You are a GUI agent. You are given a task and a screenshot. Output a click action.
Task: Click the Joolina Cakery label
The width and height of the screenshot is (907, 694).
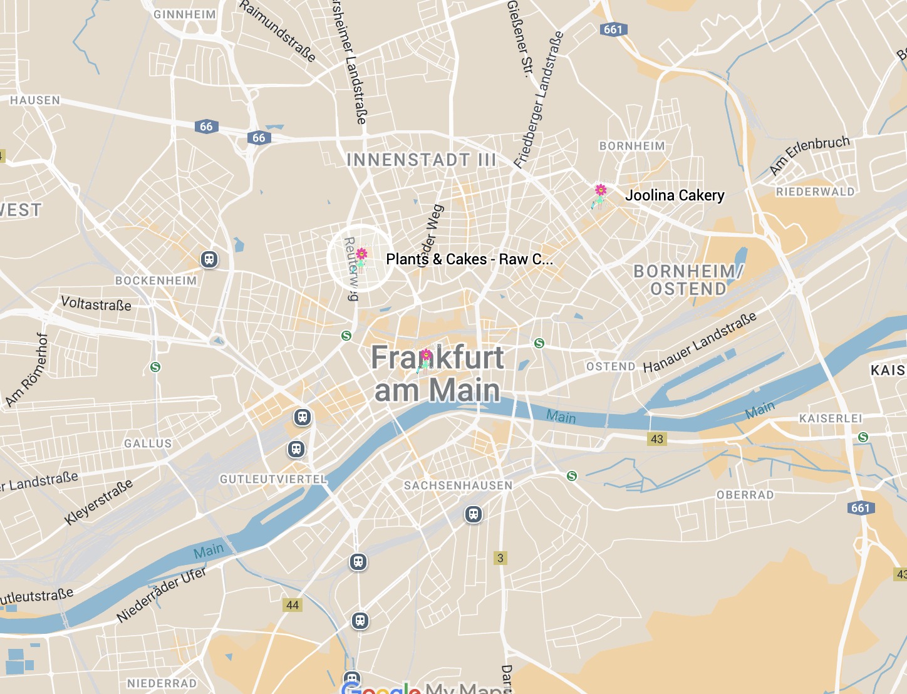(675, 195)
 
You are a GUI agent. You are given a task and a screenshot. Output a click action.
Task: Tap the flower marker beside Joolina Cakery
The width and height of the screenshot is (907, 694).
(600, 191)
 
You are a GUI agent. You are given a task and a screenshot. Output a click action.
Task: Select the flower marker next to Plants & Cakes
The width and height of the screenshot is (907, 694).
(361, 255)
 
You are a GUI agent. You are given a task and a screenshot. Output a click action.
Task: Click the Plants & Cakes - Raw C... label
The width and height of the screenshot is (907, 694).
(469, 259)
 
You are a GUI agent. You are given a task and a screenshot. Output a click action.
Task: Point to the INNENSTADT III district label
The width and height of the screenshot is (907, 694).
(421, 160)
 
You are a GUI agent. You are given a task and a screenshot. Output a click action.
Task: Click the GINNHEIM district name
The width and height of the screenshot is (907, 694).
(185, 14)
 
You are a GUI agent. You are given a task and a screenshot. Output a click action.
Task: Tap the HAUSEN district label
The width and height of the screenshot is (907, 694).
(35, 100)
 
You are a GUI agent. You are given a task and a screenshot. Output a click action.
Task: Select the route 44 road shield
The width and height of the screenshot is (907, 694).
(293, 604)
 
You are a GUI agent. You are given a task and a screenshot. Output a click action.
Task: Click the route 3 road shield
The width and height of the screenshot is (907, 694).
(500, 557)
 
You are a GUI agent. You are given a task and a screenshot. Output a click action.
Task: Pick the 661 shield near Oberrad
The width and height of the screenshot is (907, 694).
(861, 507)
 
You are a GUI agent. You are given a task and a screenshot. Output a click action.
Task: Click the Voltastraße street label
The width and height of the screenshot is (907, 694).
(96, 304)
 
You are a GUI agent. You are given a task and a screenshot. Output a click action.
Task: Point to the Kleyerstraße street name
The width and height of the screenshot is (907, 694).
(99, 502)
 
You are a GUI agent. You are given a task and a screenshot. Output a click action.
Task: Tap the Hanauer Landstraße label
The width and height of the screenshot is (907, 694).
(700, 342)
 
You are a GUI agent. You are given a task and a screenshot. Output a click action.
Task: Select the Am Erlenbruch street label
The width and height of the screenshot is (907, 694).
(809, 155)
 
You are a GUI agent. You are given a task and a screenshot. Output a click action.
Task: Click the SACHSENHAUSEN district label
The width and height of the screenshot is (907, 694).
(458, 485)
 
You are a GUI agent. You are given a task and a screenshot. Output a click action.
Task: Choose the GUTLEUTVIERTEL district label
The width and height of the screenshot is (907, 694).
(273, 479)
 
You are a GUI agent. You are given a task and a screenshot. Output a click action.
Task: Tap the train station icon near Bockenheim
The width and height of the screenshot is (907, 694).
(209, 259)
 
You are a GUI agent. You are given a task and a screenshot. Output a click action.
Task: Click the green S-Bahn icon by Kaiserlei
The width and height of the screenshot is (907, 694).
(863, 437)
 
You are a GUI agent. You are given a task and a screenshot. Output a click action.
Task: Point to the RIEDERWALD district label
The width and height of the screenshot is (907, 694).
(815, 192)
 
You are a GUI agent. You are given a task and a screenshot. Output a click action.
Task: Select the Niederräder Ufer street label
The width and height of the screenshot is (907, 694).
(161, 595)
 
